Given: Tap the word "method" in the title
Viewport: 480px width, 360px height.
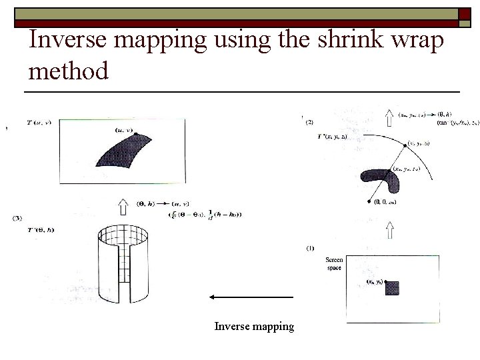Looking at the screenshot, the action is point(69,70).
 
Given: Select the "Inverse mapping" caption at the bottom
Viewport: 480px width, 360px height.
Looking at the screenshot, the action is point(254,326).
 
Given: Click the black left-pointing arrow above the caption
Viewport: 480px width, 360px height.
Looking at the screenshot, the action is point(251,296).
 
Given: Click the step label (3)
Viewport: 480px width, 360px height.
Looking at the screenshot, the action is point(18,217).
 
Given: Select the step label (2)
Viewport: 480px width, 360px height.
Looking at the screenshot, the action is point(310,122).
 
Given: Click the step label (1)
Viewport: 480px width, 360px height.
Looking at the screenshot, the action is point(310,248).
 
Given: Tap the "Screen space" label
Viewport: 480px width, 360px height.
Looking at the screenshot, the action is point(334,263).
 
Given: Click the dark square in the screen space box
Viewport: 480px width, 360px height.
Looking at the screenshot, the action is point(392,288).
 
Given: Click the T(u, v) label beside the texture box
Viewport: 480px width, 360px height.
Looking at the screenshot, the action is point(39,123).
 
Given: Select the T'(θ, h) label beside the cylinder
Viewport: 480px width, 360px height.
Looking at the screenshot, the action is point(41,230).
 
